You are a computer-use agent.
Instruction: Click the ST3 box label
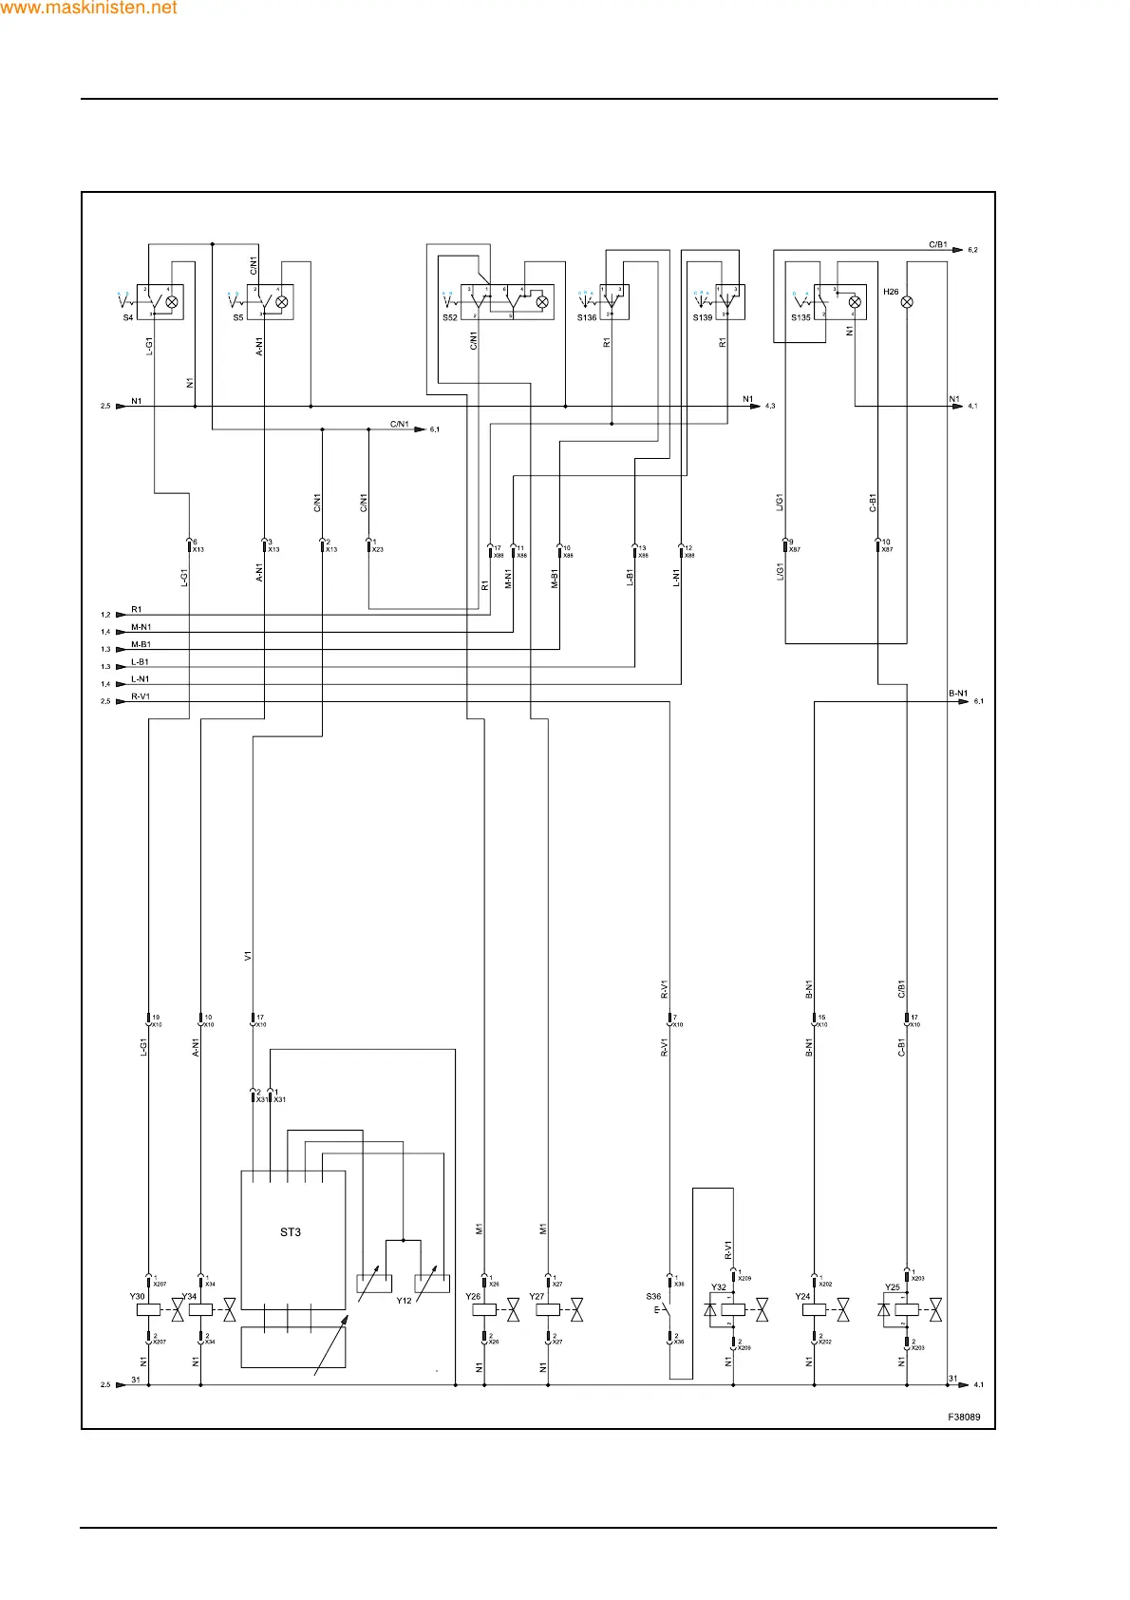pos(290,1232)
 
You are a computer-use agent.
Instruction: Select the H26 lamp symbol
pos(907,302)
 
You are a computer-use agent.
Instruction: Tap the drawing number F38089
pos(964,1417)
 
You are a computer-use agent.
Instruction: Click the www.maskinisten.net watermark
pos(88,8)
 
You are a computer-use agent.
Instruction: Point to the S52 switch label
pos(450,317)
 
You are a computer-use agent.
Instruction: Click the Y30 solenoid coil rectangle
pos(148,1309)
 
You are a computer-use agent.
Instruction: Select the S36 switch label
pos(653,1296)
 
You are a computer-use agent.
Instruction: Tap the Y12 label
pos(404,1301)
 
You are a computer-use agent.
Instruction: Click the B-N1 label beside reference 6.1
pos(958,694)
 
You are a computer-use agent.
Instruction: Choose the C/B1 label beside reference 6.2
pos(937,244)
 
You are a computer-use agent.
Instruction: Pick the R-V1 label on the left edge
pos(141,696)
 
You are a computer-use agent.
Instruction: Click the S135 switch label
pos(800,317)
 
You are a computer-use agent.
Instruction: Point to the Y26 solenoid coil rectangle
pos(484,1309)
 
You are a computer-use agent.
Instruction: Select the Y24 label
pos(802,1296)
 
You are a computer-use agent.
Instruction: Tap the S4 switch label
pos(128,317)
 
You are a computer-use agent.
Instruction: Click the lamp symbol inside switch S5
pos(281,302)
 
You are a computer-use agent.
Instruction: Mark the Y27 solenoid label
pos(537,1296)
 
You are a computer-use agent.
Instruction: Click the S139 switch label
pos(702,317)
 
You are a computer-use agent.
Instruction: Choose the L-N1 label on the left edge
pos(140,679)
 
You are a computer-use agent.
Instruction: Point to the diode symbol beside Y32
pos(710,1309)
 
